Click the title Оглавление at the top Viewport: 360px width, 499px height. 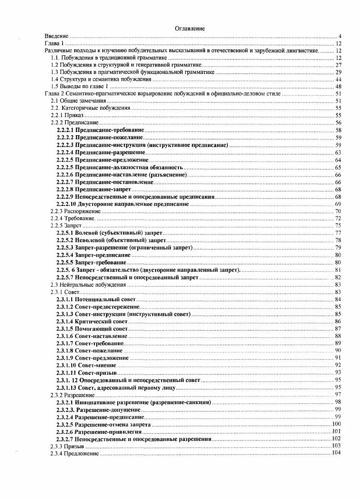coord(190,29)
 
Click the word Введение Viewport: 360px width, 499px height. coord(56,36)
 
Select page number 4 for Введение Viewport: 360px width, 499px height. coord(340,36)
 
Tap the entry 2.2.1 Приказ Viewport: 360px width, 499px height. coord(67,116)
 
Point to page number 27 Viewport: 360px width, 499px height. coord(338,65)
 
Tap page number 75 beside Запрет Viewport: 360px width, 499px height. coord(338,225)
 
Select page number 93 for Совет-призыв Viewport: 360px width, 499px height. coord(338,372)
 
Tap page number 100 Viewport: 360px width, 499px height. coord(337,424)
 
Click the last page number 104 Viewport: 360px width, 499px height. coord(337,454)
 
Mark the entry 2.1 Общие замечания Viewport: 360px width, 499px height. coord(75,101)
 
